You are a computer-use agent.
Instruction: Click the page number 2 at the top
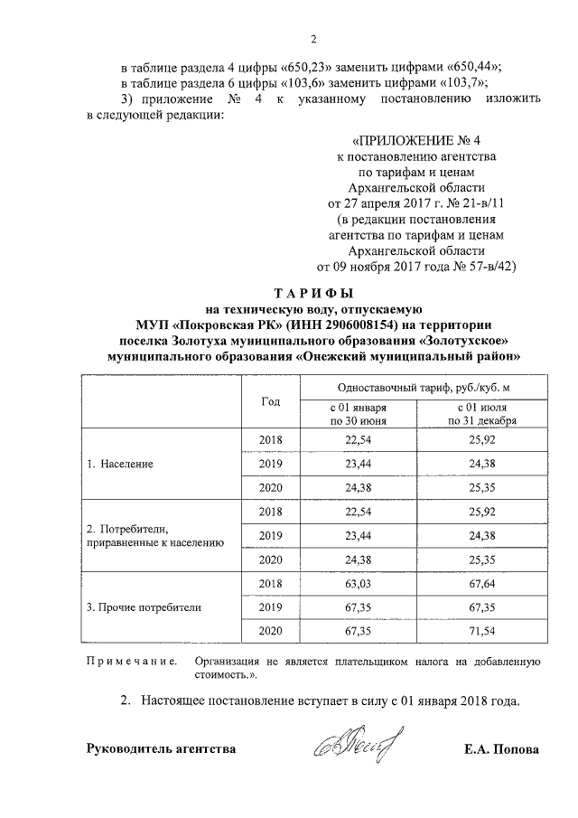click(312, 39)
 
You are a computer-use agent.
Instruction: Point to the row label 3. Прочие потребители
click(143, 606)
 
